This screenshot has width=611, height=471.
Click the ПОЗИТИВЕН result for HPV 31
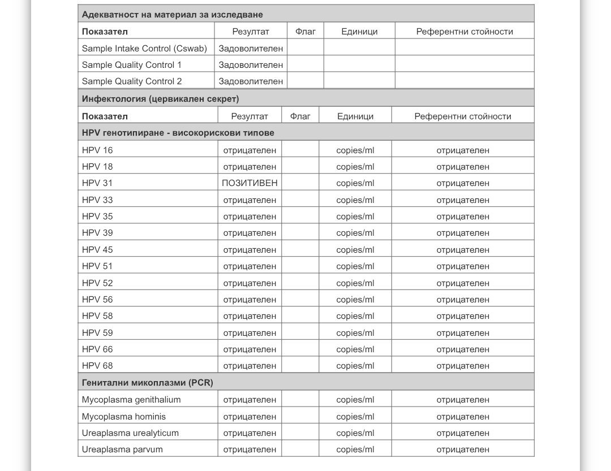coord(249,183)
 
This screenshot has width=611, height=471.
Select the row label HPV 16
coord(97,150)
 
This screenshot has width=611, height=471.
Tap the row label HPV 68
coord(97,366)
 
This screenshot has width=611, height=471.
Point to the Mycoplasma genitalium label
coord(131,400)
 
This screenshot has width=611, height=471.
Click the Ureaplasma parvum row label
coord(122,450)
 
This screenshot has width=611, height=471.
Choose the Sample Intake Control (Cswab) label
coord(144,49)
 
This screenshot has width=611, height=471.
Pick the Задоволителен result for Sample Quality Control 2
coord(251,81)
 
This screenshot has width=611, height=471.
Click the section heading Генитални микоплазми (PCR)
coord(147,383)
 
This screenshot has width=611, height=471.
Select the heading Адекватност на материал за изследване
coord(172,15)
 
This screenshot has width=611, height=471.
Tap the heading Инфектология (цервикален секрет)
coord(160,99)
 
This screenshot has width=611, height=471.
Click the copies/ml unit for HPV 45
coord(355,250)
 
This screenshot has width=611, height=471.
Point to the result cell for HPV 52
coord(249,283)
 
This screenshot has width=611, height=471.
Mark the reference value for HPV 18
coord(463,167)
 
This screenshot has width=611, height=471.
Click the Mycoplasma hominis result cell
coord(249,417)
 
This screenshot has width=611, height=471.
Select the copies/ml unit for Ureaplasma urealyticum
coord(355,433)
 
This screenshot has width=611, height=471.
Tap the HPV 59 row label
coord(97,333)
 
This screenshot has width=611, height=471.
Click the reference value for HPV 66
coord(463,349)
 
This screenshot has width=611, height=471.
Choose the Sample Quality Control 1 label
coord(132,65)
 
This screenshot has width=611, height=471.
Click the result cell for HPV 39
coord(249,233)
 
